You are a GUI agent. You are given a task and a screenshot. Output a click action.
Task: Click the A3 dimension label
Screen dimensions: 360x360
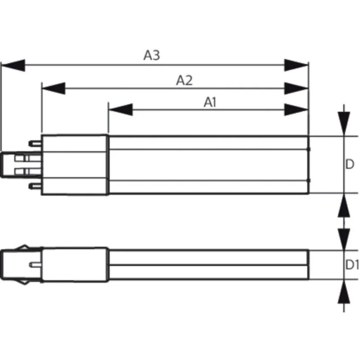pos(152,55)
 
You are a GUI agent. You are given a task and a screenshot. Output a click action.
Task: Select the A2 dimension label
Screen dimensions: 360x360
pos(184,81)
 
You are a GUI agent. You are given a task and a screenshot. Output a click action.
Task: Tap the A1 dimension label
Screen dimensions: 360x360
pos(210,102)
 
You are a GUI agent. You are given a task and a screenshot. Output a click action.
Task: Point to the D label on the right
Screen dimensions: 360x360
pos(349,164)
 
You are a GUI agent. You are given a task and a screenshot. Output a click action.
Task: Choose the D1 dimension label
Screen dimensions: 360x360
pos(352,265)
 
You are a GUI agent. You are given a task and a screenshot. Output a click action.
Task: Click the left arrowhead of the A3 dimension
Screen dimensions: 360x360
pos(13,65)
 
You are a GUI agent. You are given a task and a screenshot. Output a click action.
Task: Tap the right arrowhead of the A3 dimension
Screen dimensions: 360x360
pos(296,65)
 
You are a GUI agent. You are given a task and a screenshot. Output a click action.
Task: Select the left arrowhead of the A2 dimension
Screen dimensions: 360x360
pos(54,88)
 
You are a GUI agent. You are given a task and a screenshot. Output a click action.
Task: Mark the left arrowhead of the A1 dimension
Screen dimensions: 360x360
pos(121,110)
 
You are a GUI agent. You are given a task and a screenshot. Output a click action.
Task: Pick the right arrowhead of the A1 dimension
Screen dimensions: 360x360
pos(296,110)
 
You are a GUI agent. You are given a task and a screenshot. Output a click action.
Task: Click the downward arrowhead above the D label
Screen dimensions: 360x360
pos(344,124)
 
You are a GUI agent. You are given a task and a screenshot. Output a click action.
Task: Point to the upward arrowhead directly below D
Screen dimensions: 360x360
pos(344,205)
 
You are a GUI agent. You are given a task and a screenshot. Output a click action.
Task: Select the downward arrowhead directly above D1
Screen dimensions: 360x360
pos(344,239)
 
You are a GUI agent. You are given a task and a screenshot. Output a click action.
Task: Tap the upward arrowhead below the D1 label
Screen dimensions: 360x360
pos(344,291)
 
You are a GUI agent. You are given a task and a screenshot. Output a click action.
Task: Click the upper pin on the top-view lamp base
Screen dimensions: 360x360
pos(35,144)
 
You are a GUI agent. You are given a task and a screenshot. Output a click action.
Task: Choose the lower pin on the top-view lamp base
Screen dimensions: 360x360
pos(35,186)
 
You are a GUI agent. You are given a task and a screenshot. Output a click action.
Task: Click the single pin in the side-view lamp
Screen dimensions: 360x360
pos(35,265)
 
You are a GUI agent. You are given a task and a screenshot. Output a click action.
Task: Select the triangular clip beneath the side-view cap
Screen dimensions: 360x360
pos(24,282)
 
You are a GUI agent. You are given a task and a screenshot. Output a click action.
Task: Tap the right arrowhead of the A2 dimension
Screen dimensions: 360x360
pos(296,88)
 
